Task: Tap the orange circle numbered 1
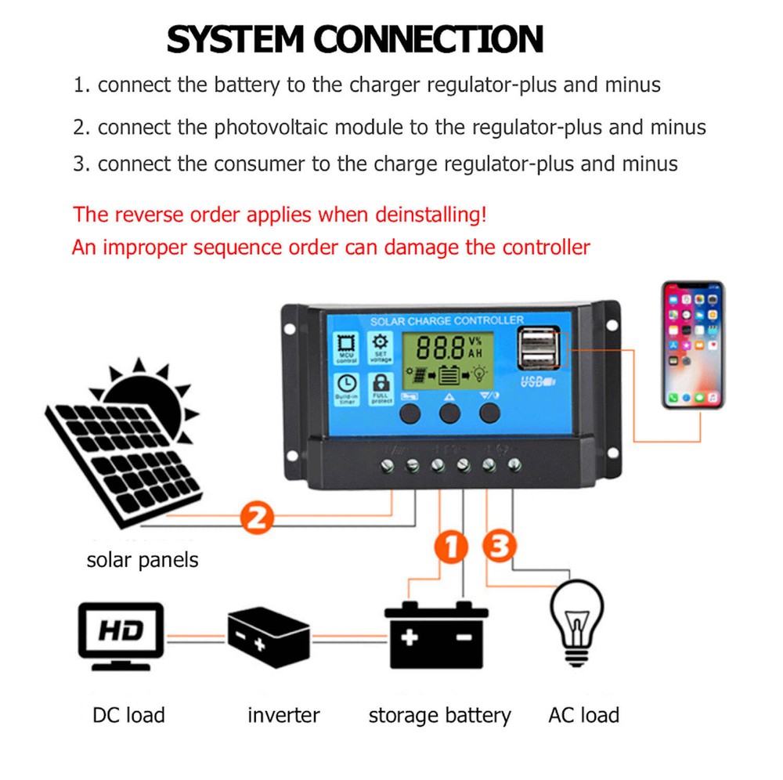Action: (451, 547)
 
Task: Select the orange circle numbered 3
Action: (500, 547)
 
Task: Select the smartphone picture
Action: (693, 345)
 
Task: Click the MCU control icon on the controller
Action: (346, 347)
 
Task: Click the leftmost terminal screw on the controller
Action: (387, 467)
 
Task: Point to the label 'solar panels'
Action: (143, 560)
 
